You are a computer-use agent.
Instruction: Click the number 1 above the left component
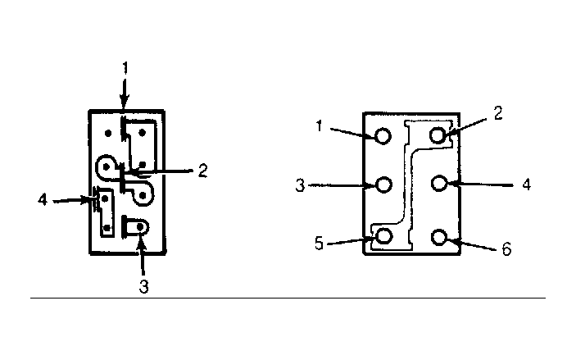tap(125, 68)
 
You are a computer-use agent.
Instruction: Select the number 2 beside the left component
tap(202, 171)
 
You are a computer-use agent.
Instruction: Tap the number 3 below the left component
tap(144, 286)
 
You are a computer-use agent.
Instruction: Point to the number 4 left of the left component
tap(43, 200)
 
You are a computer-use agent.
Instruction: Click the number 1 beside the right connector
tap(320, 126)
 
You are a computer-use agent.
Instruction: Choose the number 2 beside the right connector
tap(498, 113)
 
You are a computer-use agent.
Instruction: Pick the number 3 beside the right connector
tap(300, 185)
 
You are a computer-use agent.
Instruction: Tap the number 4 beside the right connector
tap(527, 185)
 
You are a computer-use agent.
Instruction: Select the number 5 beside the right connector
tap(319, 244)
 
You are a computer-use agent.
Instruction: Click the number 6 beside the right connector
tap(506, 249)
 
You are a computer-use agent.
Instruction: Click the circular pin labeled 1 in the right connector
tap(383, 136)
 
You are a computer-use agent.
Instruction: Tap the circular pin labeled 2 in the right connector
tap(438, 135)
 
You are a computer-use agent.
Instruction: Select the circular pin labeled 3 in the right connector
tap(384, 185)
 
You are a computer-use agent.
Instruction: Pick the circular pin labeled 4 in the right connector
tap(439, 183)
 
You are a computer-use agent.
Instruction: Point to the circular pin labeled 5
tap(384, 236)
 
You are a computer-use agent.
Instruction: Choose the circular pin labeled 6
tap(439, 237)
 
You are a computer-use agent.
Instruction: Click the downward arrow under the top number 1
tap(125, 93)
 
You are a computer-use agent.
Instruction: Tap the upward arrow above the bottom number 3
tap(142, 257)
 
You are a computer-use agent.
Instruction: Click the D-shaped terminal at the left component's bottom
tap(135, 226)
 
